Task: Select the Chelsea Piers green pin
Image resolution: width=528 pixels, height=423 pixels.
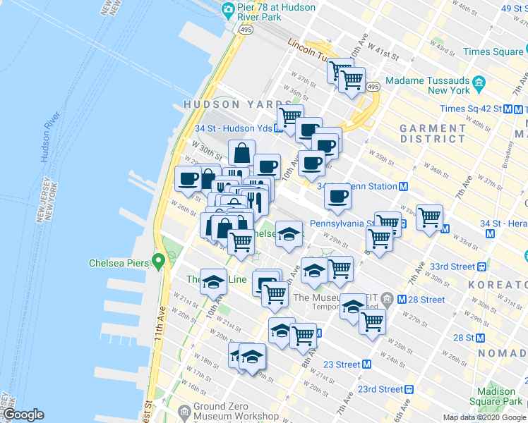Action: pyautogui.click(x=159, y=263)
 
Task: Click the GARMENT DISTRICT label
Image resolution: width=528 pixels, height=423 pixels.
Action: pyautogui.click(x=432, y=133)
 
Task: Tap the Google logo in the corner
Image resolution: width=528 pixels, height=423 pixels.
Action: pyautogui.click(x=23, y=415)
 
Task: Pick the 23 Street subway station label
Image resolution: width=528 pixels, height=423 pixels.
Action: pyautogui.click(x=342, y=364)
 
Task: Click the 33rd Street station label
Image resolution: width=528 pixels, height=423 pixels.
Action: pyautogui.click(x=453, y=266)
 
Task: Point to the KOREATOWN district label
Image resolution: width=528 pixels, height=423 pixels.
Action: pyautogui.click(x=504, y=288)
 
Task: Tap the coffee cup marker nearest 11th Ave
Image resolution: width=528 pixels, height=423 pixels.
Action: pyautogui.click(x=188, y=180)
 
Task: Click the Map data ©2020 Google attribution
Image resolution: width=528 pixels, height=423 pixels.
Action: pyautogui.click(x=484, y=417)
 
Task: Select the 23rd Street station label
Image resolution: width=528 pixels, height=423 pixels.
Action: pyautogui.click(x=380, y=388)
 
